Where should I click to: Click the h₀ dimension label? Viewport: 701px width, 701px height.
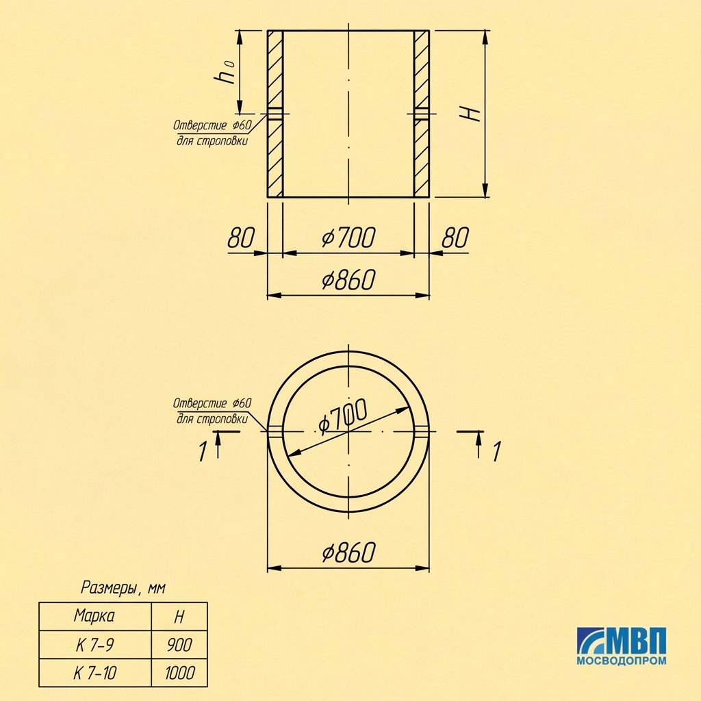coord(225,71)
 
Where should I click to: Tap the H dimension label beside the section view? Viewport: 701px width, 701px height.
coord(470,114)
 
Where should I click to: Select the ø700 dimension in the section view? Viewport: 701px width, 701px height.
coord(348,238)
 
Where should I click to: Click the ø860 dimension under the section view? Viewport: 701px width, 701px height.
coord(348,279)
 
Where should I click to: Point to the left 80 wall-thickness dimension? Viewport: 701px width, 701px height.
coord(241,238)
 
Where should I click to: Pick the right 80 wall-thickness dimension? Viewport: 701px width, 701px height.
coord(455,238)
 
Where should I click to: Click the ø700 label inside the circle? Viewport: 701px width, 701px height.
coord(343,416)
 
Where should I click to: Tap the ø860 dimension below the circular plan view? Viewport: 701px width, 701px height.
coord(348,552)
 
